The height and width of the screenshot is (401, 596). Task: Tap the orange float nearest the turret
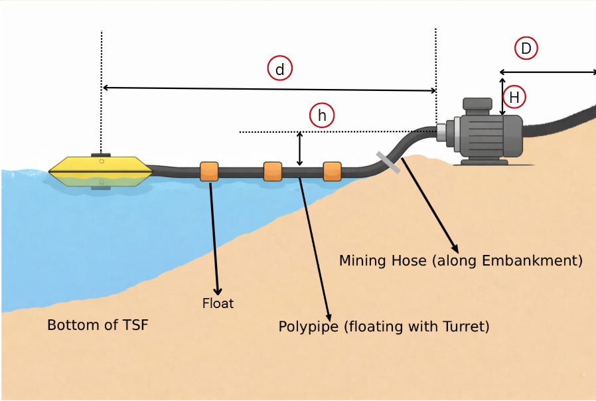pyautogui.click(x=210, y=171)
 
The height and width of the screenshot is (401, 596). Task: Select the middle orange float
pyautogui.click(x=273, y=171)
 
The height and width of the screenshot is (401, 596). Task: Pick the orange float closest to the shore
pyautogui.click(x=332, y=171)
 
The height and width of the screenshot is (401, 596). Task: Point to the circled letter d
pyautogui.click(x=280, y=68)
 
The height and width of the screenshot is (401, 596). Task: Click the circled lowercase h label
pyautogui.click(x=322, y=116)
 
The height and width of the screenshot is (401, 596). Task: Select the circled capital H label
pyautogui.click(x=514, y=98)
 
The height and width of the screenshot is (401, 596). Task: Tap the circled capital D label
pyautogui.click(x=526, y=48)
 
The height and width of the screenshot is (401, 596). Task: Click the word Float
pyautogui.click(x=218, y=304)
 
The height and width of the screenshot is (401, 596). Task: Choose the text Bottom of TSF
pyautogui.click(x=98, y=325)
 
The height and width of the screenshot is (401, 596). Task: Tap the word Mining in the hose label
pyautogui.click(x=362, y=260)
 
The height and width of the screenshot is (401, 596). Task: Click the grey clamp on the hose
pyautogui.click(x=388, y=163)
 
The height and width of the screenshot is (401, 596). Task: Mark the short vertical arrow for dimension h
pyautogui.click(x=300, y=149)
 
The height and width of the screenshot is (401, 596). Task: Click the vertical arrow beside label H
pyautogui.click(x=502, y=97)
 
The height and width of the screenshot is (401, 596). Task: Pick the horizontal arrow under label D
pyautogui.click(x=548, y=72)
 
